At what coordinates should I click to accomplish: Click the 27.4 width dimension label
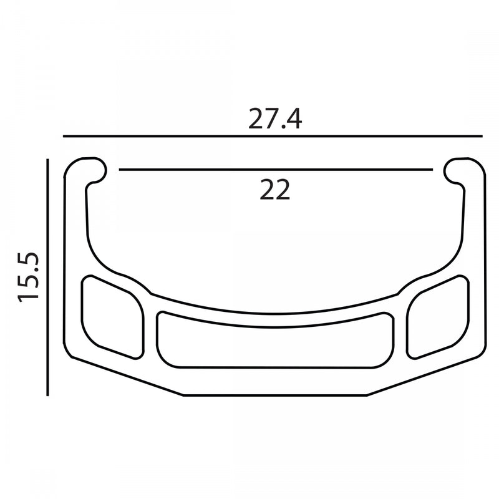tap(275, 119)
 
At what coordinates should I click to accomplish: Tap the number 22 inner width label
tap(275, 190)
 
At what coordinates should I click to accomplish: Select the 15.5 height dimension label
tap(29, 276)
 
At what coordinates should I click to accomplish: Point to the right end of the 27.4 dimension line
tap(482, 136)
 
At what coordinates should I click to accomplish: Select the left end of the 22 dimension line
tap(120, 169)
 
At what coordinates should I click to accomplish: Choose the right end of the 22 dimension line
tap(432, 169)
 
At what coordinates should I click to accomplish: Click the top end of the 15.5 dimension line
tap(48, 160)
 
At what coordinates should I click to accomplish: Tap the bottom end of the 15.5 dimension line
tap(48, 395)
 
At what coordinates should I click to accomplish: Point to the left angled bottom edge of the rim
tap(125, 377)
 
